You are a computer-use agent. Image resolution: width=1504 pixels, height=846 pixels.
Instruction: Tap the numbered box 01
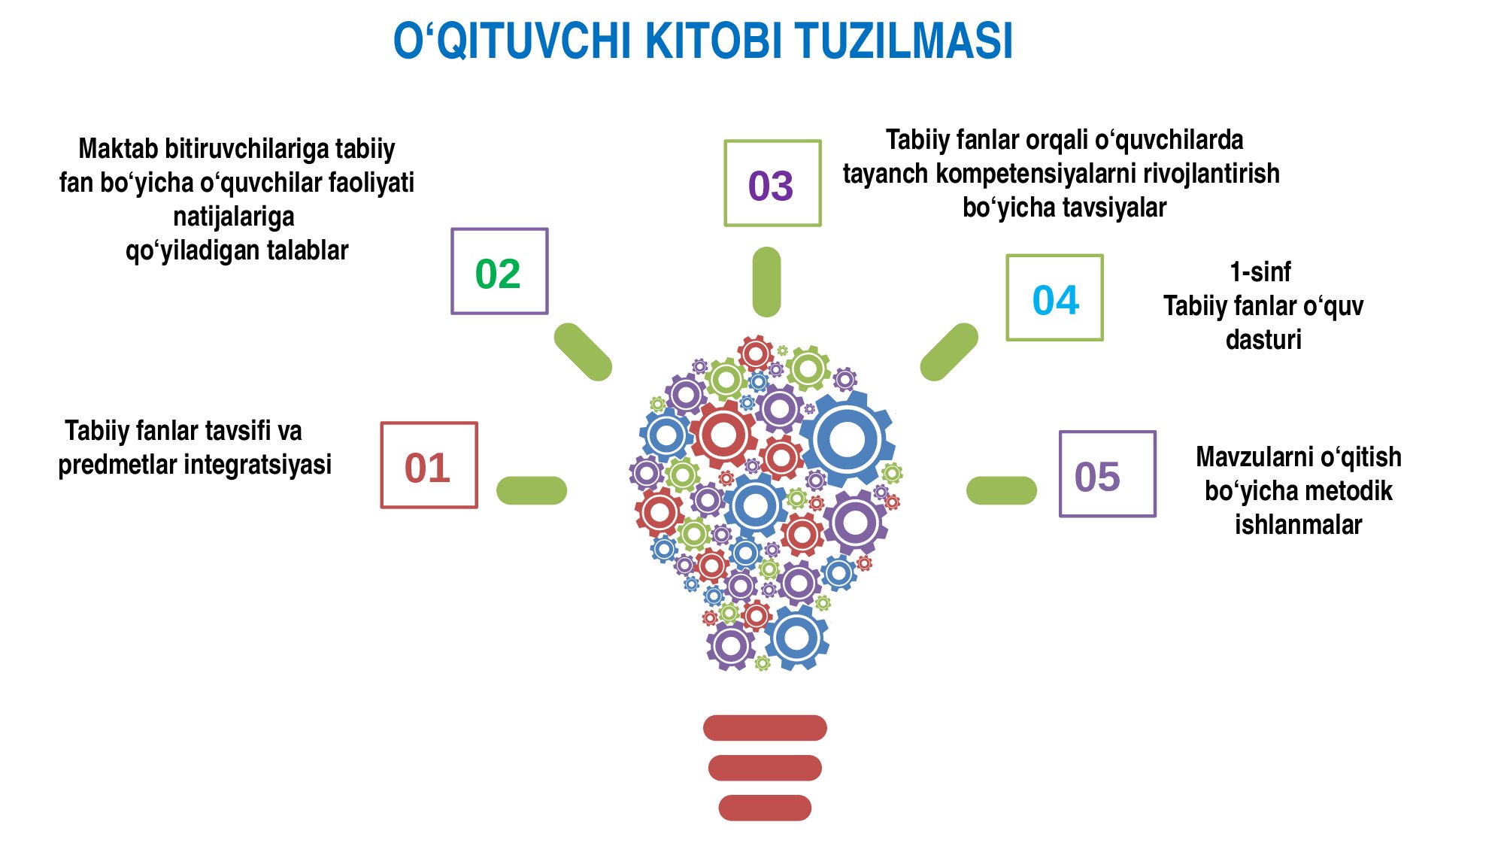point(429,465)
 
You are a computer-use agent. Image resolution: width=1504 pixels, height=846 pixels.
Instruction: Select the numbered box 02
point(499,271)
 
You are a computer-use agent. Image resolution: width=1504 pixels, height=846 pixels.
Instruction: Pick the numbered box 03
point(772,183)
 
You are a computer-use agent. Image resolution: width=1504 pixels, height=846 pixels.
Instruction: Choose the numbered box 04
point(1055,298)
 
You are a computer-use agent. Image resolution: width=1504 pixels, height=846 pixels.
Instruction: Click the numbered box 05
point(1108,474)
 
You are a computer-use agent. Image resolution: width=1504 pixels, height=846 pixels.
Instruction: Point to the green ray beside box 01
point(532,490)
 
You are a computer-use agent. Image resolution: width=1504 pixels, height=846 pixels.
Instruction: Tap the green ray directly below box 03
point(766,282)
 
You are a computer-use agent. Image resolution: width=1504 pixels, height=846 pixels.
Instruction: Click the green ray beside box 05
point(1002,490)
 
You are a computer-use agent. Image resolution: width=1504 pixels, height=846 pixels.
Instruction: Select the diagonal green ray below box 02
point(583,352)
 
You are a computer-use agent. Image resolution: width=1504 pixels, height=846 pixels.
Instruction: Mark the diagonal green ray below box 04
point(949,352)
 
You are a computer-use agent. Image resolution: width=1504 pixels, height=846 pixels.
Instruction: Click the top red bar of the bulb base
point(765,728)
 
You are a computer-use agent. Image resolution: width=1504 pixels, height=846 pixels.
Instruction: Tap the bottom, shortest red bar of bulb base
point(765,808)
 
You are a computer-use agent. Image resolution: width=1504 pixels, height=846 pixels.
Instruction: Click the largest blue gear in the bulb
point(848,439)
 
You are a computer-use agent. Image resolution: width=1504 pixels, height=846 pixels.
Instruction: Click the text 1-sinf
point(1260,271)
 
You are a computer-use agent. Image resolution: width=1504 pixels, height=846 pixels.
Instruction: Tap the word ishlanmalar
point(1299,524)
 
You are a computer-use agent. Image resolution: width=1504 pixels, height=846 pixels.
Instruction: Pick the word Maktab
point(118,149)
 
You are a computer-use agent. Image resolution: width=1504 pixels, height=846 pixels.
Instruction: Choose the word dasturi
point(1263,339)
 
